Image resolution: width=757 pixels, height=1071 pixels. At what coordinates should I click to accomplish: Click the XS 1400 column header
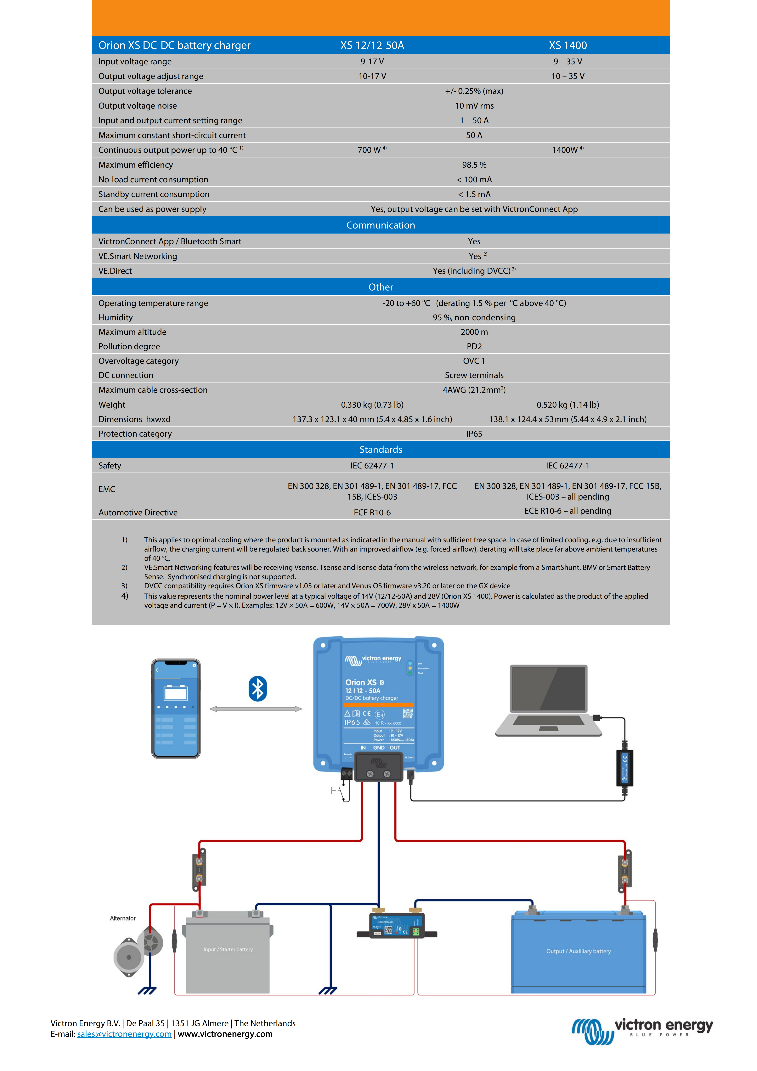point(568,45)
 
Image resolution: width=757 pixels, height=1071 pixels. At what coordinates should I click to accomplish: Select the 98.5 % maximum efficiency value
point(474,165)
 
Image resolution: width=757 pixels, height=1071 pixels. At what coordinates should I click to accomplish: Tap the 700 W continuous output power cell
point(372,150)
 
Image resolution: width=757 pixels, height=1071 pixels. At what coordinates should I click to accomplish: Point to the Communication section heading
point(381,225)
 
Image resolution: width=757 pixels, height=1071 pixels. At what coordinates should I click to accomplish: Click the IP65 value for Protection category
point(474,434)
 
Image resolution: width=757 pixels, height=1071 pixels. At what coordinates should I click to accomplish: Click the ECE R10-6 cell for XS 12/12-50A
point(372,513)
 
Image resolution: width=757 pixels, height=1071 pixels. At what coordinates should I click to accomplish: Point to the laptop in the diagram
point(549,701)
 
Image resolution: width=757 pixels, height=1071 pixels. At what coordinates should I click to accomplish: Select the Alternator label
point(123,918)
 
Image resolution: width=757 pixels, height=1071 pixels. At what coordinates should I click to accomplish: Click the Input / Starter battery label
point(228,949)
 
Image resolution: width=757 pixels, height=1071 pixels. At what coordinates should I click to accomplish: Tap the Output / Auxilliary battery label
point(578,951)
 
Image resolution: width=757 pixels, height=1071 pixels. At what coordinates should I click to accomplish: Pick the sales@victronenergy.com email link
point(125,1034)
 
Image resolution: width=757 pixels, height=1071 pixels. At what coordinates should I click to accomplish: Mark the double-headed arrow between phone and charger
point(256,709)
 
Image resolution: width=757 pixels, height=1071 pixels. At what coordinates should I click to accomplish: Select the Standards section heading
point(381,450)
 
